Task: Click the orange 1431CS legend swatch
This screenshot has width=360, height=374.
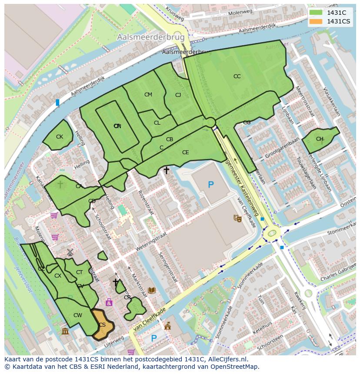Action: pyautogui.click(x=316, y=21)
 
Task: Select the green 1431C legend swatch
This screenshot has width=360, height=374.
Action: pyautogui.click(x=316, y=13)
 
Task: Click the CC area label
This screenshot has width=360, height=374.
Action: pyautogui.click(x=237, y=76)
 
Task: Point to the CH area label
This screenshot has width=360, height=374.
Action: pyautogui.click(x=320, y=139)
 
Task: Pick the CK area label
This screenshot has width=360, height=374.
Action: pyautogui.click(x=60, y=137)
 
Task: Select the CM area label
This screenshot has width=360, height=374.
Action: pyautogui.click(x=148, y=95)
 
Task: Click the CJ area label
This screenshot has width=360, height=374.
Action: pyautogui.click(x=178, y=95)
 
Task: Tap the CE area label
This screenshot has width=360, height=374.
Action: pyautogui.click(x=186, y=152)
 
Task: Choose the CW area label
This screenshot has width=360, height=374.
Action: pyautogui.click(x=77, y=315)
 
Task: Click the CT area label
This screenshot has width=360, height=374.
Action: pyautogui.click(x=79, y=272)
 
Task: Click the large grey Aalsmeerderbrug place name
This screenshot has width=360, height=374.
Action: pyautogui.click(x=150, y=38)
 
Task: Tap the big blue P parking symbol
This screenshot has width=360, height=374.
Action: pyautogui.click(x=211, y=185)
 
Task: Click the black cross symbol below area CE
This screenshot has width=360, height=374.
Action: pyautogui.click(x=166, y=171)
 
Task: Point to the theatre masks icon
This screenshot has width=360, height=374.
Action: pyautogui.click(x=237, y=218)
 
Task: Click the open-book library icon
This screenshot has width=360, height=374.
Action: pyautogui.click(x=152, y=290)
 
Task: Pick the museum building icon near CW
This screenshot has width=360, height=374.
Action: pyautogui.click(x=65, y=332)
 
